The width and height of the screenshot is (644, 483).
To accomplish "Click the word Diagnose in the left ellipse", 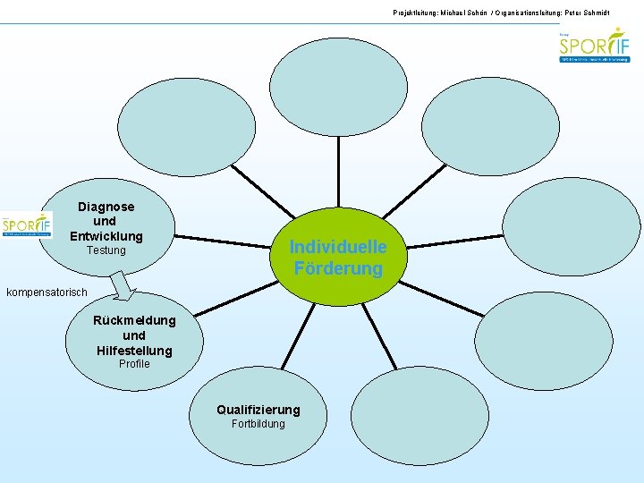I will coord(106,207).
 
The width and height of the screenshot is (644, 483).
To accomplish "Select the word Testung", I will coord(106,250).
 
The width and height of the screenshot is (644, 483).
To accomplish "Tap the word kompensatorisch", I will coord(47,292).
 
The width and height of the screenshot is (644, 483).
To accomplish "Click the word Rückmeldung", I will coord(134,321).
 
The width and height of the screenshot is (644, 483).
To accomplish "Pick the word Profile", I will coord(134,364).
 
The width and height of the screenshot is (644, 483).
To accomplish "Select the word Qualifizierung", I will coord(258,410).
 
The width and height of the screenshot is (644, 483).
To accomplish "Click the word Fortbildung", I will coord(258,424).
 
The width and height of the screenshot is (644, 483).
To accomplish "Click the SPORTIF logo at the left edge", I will coord(26,225).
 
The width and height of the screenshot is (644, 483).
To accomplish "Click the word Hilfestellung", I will coord(134,350).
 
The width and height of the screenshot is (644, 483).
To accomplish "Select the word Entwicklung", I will coord(106,236).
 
